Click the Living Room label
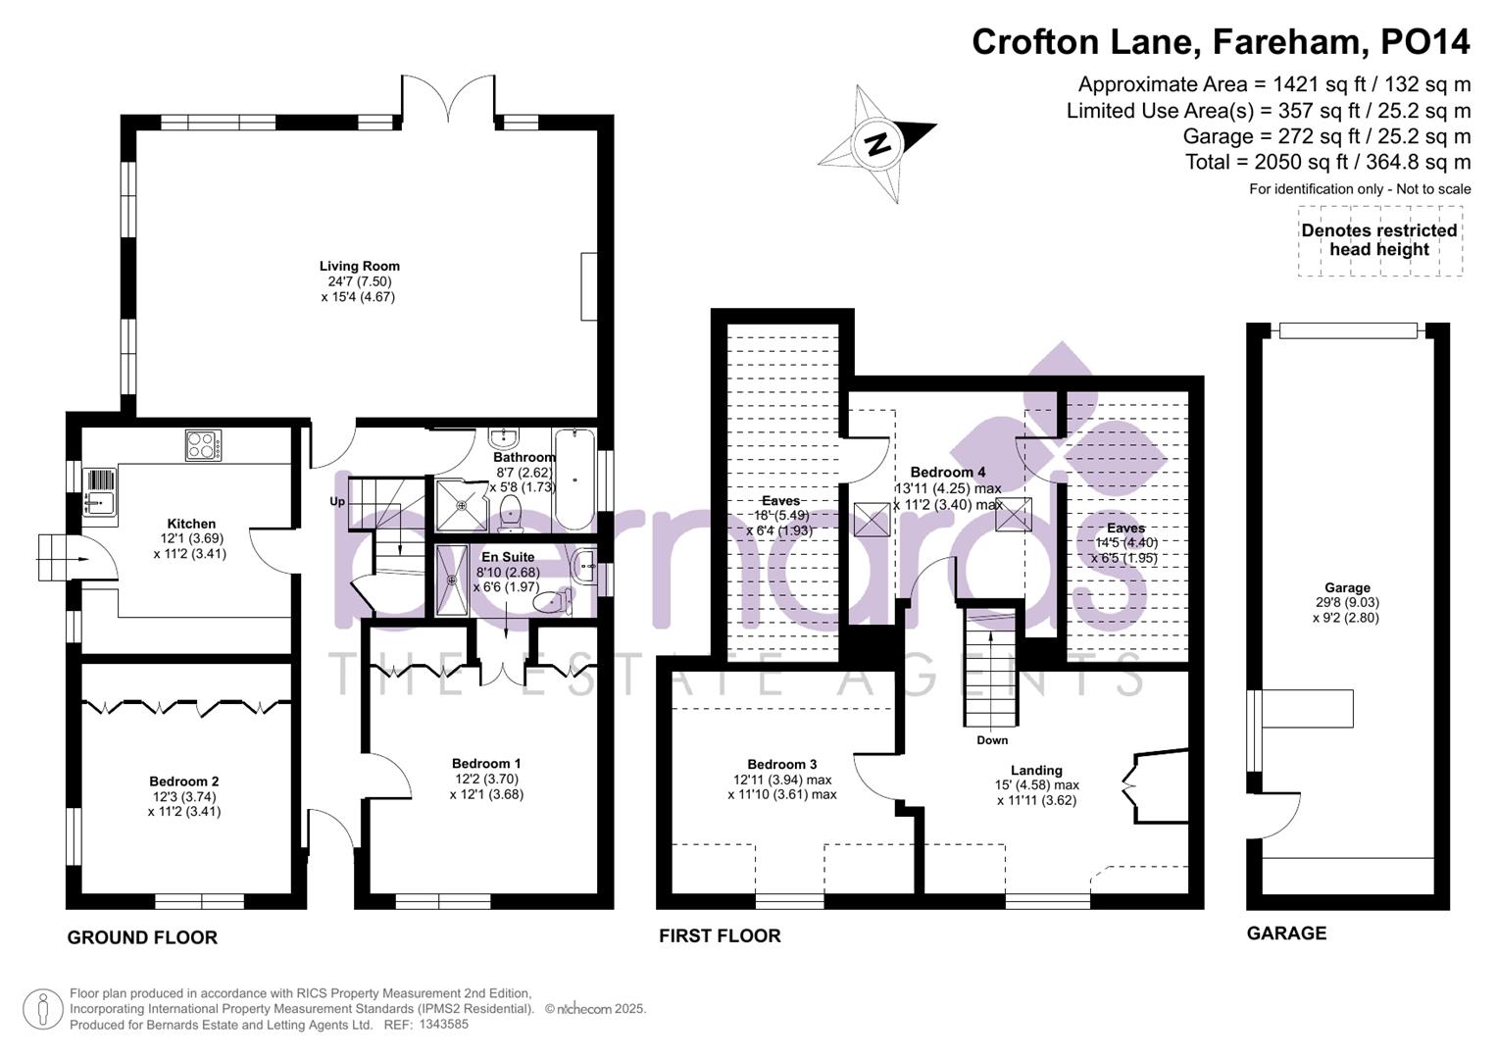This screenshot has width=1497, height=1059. pos(359,266)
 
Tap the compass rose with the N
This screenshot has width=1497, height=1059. pos(878,144)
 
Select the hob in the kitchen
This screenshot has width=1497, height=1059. pos(203,445)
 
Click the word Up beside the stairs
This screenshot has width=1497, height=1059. pos(337,501)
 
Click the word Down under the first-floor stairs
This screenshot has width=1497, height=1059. pos(992,740)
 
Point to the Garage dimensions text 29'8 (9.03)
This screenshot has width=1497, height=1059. pos(1346,603)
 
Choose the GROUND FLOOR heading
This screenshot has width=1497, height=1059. pos(142,937)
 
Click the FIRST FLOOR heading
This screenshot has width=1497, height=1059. pos(720,936)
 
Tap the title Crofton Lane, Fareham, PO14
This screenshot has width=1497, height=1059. pos(1221,42)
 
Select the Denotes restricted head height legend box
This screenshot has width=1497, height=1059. pos(1379,240)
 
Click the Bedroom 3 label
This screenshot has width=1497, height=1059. pos(781,765)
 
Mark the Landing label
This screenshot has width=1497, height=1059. pos(1036,770)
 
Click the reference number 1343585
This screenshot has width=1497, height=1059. pos(444,1025)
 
